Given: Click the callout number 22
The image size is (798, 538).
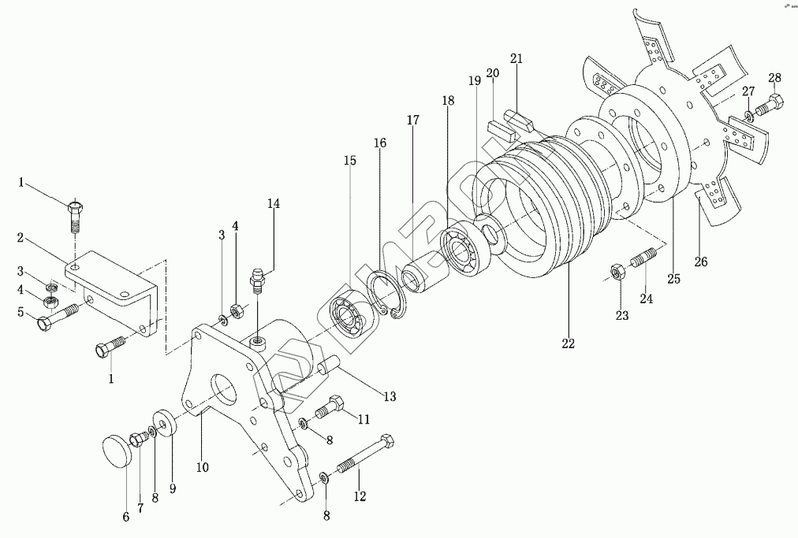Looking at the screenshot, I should click(569, 343).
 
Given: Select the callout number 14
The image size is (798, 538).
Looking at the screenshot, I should click(273, 203).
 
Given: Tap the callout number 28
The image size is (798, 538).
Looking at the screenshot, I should click(775, 77).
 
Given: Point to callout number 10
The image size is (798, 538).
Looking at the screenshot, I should click(203, 467).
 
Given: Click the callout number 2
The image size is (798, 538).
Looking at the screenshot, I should click(23, 236).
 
